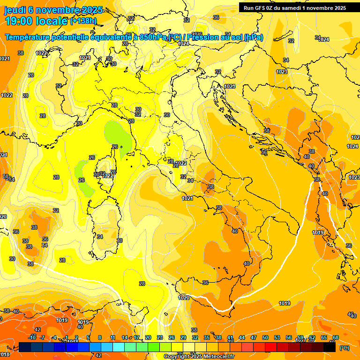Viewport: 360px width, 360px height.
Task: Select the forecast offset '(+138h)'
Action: tap(83, 21)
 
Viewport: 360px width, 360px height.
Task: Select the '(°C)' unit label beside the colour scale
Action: tap(344, 348)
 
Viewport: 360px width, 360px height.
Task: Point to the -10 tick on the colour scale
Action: tap(32, 337)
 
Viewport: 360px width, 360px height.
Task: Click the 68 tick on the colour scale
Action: tap(336, 337)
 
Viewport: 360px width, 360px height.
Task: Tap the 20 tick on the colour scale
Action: tap(148, 337)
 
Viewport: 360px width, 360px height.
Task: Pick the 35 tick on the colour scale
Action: tap(207, 337)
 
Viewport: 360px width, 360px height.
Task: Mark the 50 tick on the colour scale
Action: tap(265, 337)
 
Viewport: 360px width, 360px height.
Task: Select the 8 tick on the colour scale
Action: tap(100, 337)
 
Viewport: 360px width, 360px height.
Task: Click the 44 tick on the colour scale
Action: tap(242, 337)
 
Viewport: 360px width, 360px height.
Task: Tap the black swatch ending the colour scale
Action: tap(330, 347)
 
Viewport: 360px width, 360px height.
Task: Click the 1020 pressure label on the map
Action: tap(184, 298)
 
